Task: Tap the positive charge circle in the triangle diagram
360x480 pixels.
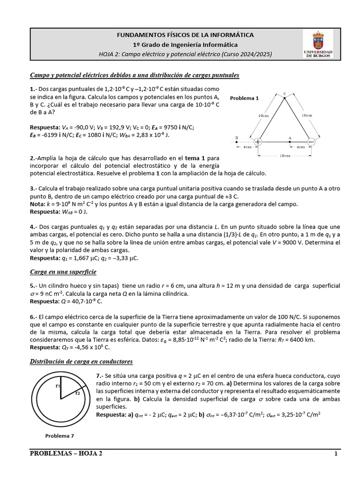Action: pos(258,141)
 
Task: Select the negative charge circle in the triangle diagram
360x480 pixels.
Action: pos(311,141)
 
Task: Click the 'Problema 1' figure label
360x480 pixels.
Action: pos(244,98)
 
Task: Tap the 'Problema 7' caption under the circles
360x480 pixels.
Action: pos(60,435)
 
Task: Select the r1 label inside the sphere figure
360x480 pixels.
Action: pos(58,386)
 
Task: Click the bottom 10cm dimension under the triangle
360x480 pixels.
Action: pos(284,155)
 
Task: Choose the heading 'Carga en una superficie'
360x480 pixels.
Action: pos(63,272)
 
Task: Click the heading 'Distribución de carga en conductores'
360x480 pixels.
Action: pos(81,361)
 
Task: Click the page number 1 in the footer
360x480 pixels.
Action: pos(336,454)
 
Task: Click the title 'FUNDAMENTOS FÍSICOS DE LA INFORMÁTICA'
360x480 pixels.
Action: pos(185,35)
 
